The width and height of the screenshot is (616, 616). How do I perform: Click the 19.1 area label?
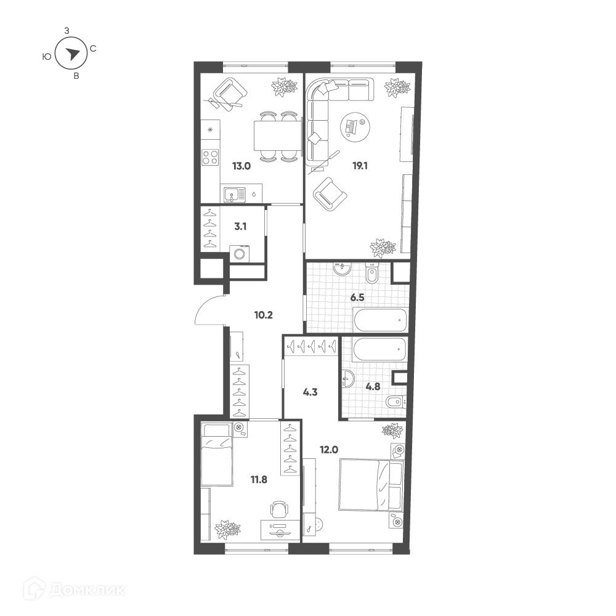click(360, 166)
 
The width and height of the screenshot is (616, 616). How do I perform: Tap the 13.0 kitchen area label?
click(241, 166)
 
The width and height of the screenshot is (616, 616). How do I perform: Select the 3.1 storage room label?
click(240, 226)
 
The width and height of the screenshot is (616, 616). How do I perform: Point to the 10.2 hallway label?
click(263, 315)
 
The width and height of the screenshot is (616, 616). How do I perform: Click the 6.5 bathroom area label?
click(357, 298)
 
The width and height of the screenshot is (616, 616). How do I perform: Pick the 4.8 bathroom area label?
click(373, 387)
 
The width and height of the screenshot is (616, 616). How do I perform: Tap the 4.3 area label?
click(310, 392)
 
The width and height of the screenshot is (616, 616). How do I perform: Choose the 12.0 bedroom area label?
click(329, 450)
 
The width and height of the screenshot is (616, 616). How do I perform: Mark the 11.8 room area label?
click(259, 479)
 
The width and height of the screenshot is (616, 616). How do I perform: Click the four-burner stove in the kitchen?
click(210, 157)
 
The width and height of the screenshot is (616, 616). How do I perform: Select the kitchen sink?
click(234, 195)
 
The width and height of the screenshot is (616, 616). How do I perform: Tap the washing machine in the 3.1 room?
click(239, 253)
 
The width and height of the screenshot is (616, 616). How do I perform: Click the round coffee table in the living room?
click(355, 126)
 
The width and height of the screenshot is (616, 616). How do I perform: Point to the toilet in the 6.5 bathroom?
click(371, 274)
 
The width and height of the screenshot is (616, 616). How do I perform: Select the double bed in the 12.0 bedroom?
click(371, 485)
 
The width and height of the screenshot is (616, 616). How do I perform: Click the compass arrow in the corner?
click(71, 54)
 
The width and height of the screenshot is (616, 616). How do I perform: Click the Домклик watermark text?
click(87, 590)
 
